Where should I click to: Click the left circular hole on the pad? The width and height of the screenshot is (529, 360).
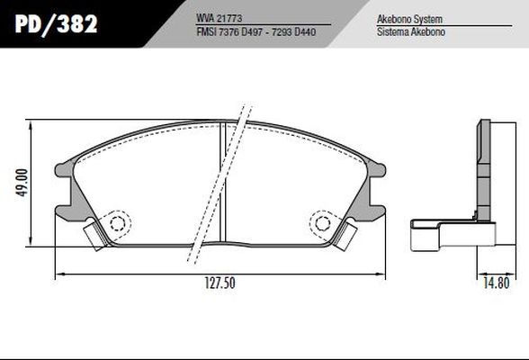(115, 224)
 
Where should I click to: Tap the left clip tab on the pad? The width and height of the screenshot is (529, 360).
(94, 235)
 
